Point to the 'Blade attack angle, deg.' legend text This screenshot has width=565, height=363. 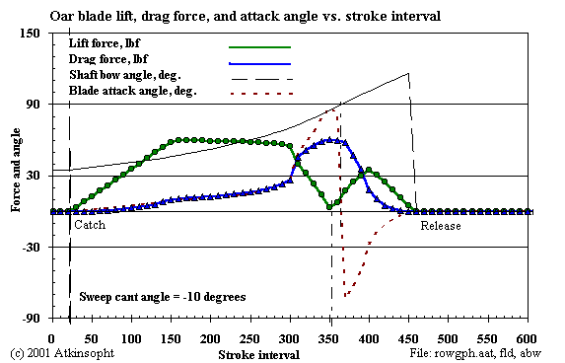[133, 91]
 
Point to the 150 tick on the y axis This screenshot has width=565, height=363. [31, 34]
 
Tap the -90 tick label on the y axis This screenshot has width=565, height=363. [31, 319]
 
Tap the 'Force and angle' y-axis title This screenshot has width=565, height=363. [16, 176]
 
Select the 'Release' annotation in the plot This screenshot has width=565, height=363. [440, 226]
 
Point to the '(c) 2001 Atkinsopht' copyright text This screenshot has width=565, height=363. [59, 352]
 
